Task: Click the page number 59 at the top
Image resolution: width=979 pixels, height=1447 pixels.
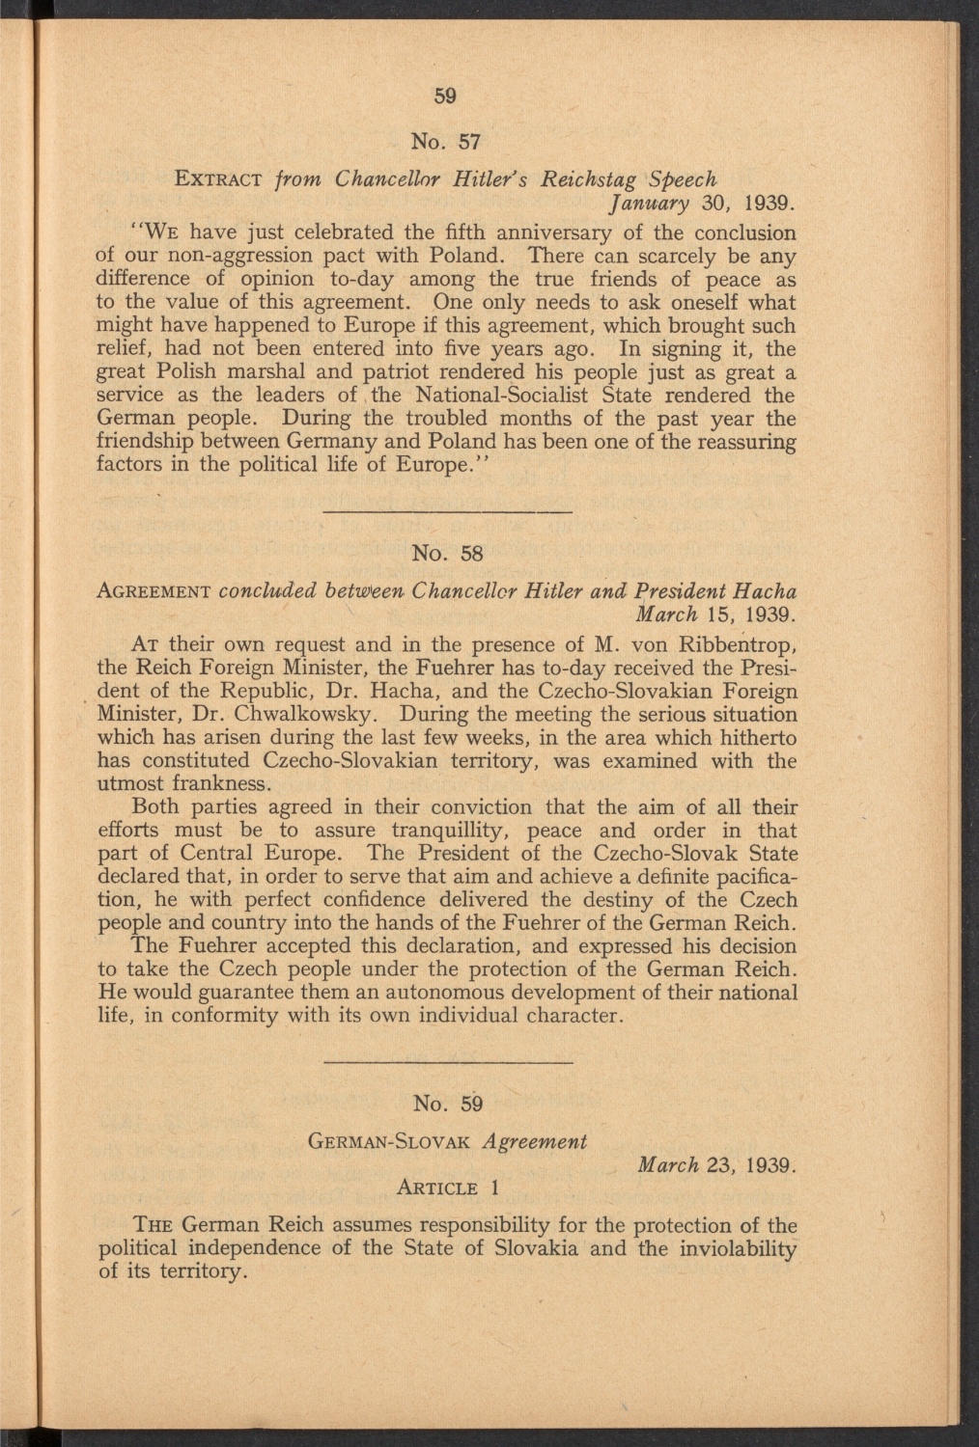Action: [x=444, y=96]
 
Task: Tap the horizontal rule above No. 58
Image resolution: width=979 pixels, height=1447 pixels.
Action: [x=445, y=509]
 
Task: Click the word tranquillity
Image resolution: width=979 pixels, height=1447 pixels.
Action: [x=458, y=831]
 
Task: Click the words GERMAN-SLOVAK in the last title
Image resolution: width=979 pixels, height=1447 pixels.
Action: [x=387, y=1141]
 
